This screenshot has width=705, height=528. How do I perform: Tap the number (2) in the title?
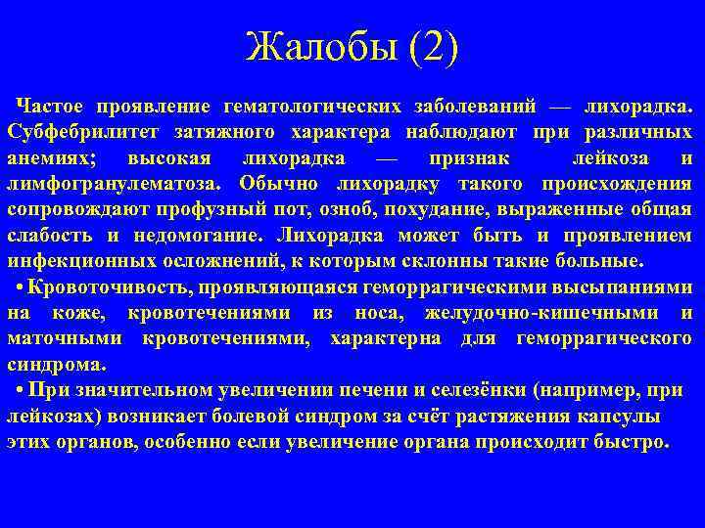[x=428, y=47]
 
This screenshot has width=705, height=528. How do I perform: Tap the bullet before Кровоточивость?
[x=21, y=287]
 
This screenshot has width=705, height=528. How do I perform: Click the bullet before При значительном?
[x=21, y=391]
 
